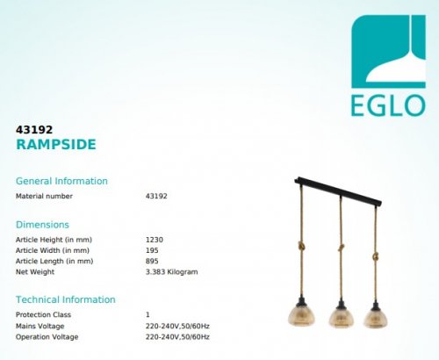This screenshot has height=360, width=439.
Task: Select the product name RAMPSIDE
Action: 56,144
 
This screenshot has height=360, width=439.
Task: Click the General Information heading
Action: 61,181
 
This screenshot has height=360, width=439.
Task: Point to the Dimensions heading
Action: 42,224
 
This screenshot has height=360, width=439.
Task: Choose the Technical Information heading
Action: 66,299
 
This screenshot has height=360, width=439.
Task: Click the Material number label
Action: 44,196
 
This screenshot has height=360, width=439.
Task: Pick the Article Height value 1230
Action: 154,239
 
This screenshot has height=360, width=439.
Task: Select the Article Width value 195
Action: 152,250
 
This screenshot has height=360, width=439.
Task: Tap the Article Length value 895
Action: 152,261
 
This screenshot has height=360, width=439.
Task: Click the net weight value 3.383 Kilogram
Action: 171,272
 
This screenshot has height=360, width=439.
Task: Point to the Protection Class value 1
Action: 148,314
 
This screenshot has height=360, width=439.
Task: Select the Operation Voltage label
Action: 47,337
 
